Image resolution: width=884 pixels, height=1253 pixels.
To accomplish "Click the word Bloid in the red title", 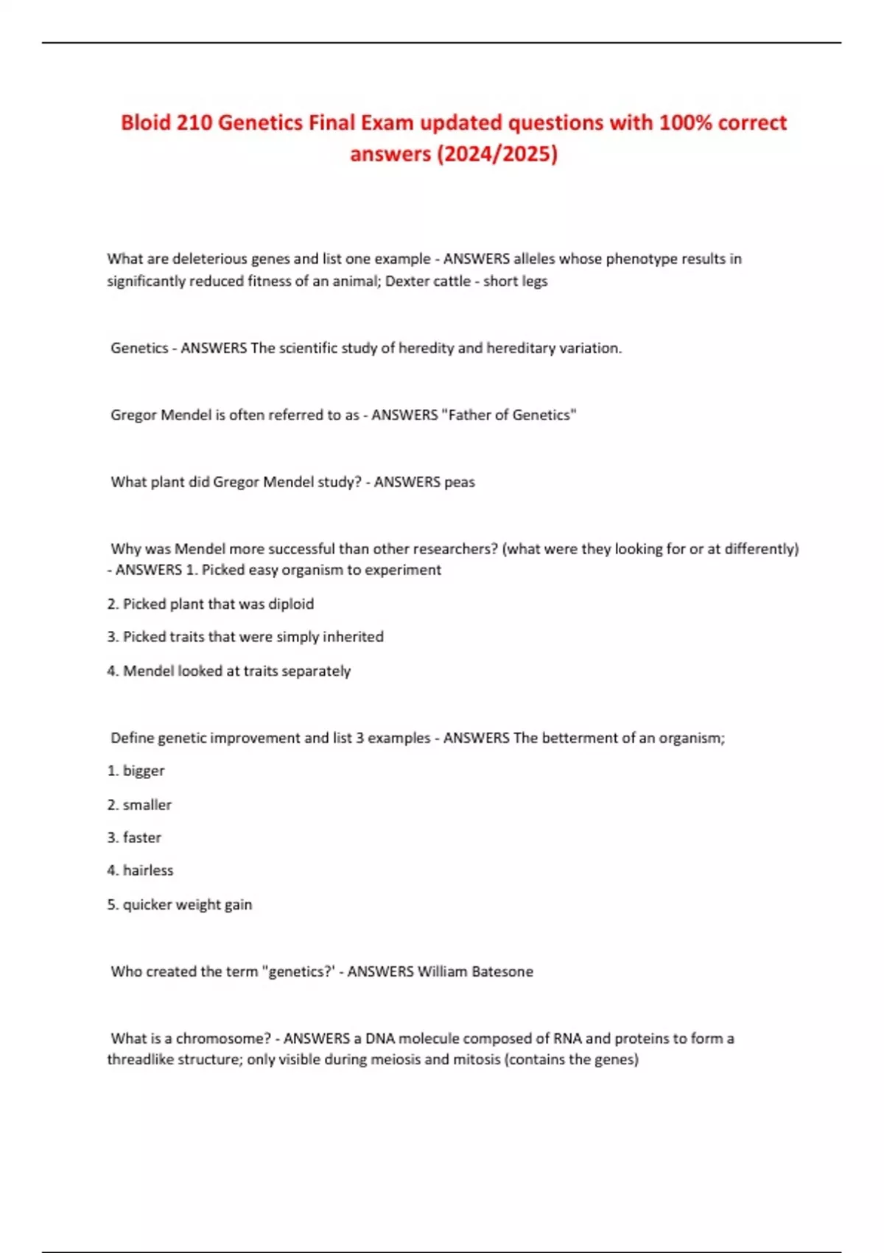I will [x=146, y=122].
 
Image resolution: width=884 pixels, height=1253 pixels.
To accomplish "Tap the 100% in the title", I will [x=684, y=122].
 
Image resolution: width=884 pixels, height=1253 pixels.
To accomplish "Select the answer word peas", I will [x=460, y=482].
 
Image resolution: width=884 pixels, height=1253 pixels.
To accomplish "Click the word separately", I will [x=318, y=671].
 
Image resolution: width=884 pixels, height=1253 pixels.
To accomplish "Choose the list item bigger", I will [x=144, y=771].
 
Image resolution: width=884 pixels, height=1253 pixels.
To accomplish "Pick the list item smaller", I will [x=147, y=805].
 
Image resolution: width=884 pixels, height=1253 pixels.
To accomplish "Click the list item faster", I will [x=141, y=837].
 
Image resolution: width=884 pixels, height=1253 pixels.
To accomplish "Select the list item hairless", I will [x=148, y=870].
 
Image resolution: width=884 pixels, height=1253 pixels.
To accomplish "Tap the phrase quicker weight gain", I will [x=187, y=904].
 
